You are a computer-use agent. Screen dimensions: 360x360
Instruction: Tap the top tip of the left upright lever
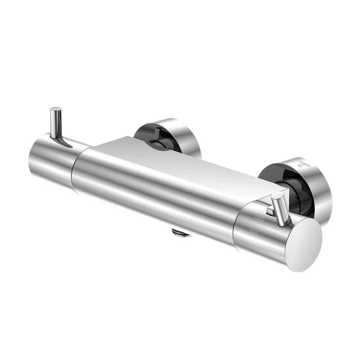click(56, 109)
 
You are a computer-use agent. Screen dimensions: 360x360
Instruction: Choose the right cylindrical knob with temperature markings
click(264, 231)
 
